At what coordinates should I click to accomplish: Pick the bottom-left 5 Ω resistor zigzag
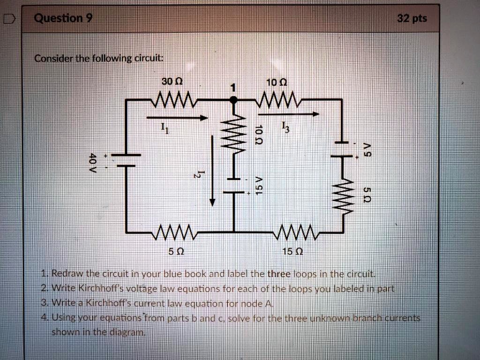click(x=172, y=232)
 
